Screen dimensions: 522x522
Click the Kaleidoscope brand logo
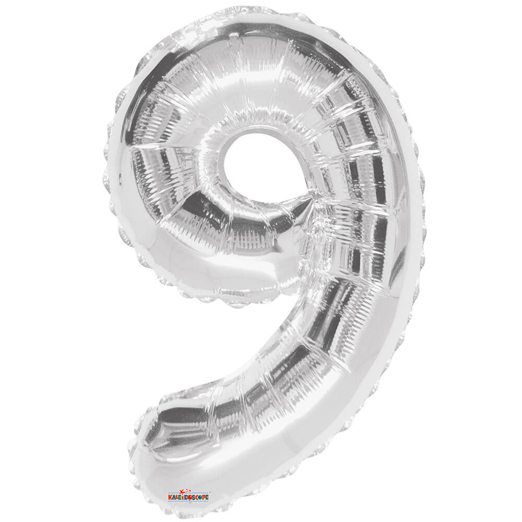(x=189, y=496)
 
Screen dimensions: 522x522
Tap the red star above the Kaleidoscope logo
(x=182, y=492)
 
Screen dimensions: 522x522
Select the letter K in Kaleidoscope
(x=170, y=497)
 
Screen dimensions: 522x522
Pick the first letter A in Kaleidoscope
(x=174, y=497)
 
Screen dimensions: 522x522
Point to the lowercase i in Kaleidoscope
(x=183, y=497)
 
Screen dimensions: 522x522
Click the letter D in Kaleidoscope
(x=186, y=497)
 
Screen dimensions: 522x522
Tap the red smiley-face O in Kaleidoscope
(x=190, y=497)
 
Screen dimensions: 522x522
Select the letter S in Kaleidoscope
(x=194, y=497)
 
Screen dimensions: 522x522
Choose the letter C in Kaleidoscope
(x=197, y=497)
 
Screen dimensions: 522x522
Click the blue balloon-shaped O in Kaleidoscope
(x=200, y=497)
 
